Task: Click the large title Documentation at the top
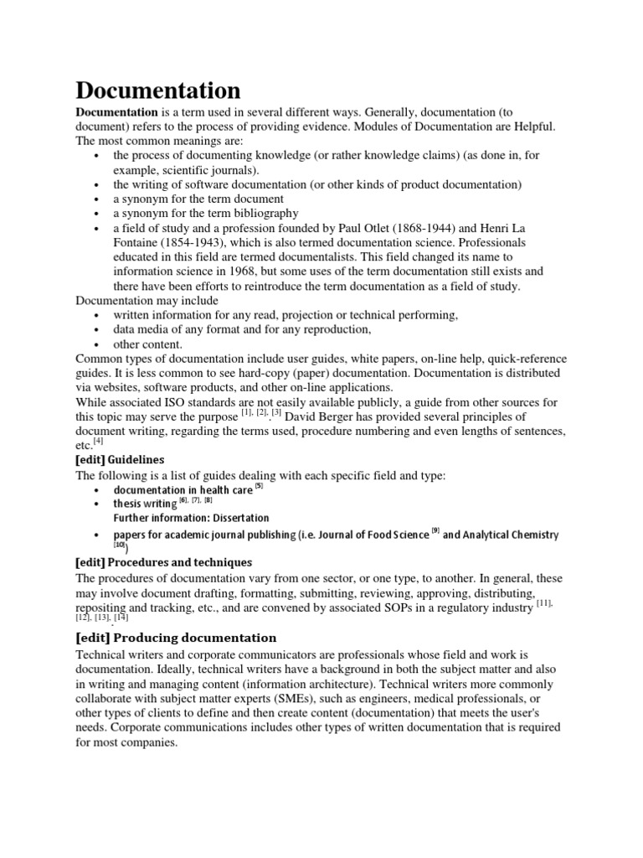click(158, 90)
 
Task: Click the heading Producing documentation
click(194, 638)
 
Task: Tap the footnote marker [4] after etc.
click(99, 441)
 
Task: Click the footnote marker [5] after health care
click(260, 486)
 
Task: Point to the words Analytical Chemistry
click(501, 535)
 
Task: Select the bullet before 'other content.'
click(98, 344)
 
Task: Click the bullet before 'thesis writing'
click(98, 504)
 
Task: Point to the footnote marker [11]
click(545, 603)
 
